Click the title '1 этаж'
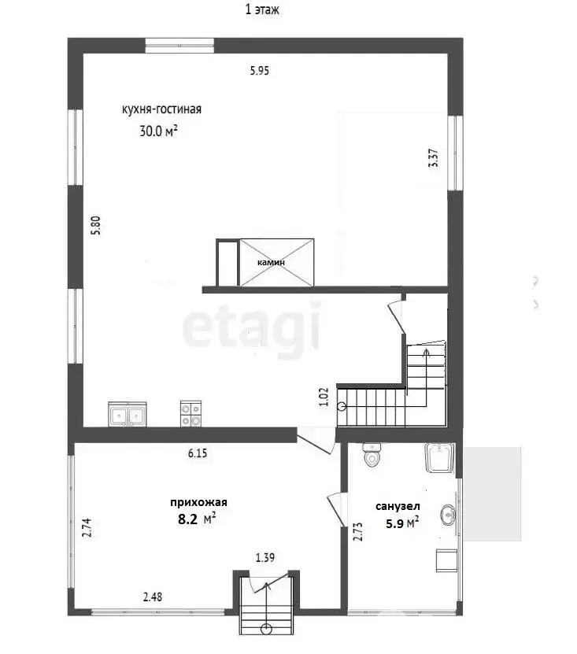[262, 9]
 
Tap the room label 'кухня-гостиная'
[161, 109]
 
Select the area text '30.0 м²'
[158, 131]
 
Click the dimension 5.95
[260, 71]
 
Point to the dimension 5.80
[96, 225]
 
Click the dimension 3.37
[434, 158]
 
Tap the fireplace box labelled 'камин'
[276, 262]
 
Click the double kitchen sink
[128, 414]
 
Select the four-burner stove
[190, 414]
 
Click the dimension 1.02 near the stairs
[324, 397]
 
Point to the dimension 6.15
[198, 453]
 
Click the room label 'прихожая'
[198, 502]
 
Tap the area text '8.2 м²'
[197, 519]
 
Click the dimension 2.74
[87, 528]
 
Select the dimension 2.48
[153, 597]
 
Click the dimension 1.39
[265, 558]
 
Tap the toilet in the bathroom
[372, 455]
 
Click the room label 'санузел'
[398, 506]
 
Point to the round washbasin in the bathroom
[449, 515]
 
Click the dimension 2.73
[358, 532]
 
